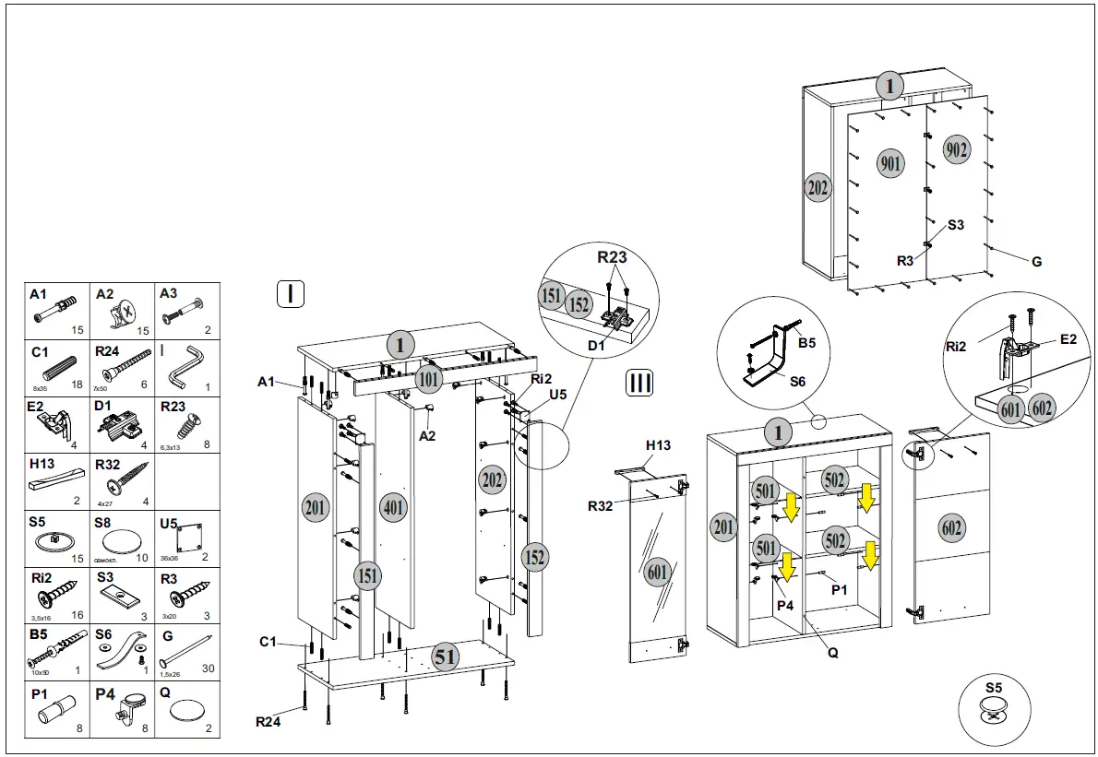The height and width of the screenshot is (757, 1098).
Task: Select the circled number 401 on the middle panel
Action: [x=394, y=506]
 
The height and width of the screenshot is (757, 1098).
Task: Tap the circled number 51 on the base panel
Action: [x=446, y=657]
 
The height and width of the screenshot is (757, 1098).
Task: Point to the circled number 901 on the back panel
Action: [x=889, y=164]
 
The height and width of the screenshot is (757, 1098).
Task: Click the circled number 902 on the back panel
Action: [x=956, y=149]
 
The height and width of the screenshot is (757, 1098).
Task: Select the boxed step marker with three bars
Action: [x=639, y=383]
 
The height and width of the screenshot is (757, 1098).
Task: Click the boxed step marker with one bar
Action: [x=291, y=294]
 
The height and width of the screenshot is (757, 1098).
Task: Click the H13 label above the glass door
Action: [x=658, y=445]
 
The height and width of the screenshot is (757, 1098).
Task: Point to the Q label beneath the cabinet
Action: [x=833, y=652]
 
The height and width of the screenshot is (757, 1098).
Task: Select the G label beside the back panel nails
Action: [x=1036, y=262]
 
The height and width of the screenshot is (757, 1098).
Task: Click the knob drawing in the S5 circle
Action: [x=993, y=712]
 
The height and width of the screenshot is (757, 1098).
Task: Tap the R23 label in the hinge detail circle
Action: [x=612, y=257]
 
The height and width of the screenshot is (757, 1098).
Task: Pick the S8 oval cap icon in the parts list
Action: [x=124, y=540]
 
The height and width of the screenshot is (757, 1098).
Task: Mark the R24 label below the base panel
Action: [x=268, y=721]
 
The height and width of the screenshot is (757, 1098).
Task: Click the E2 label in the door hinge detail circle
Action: [x=1068, y=339]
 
